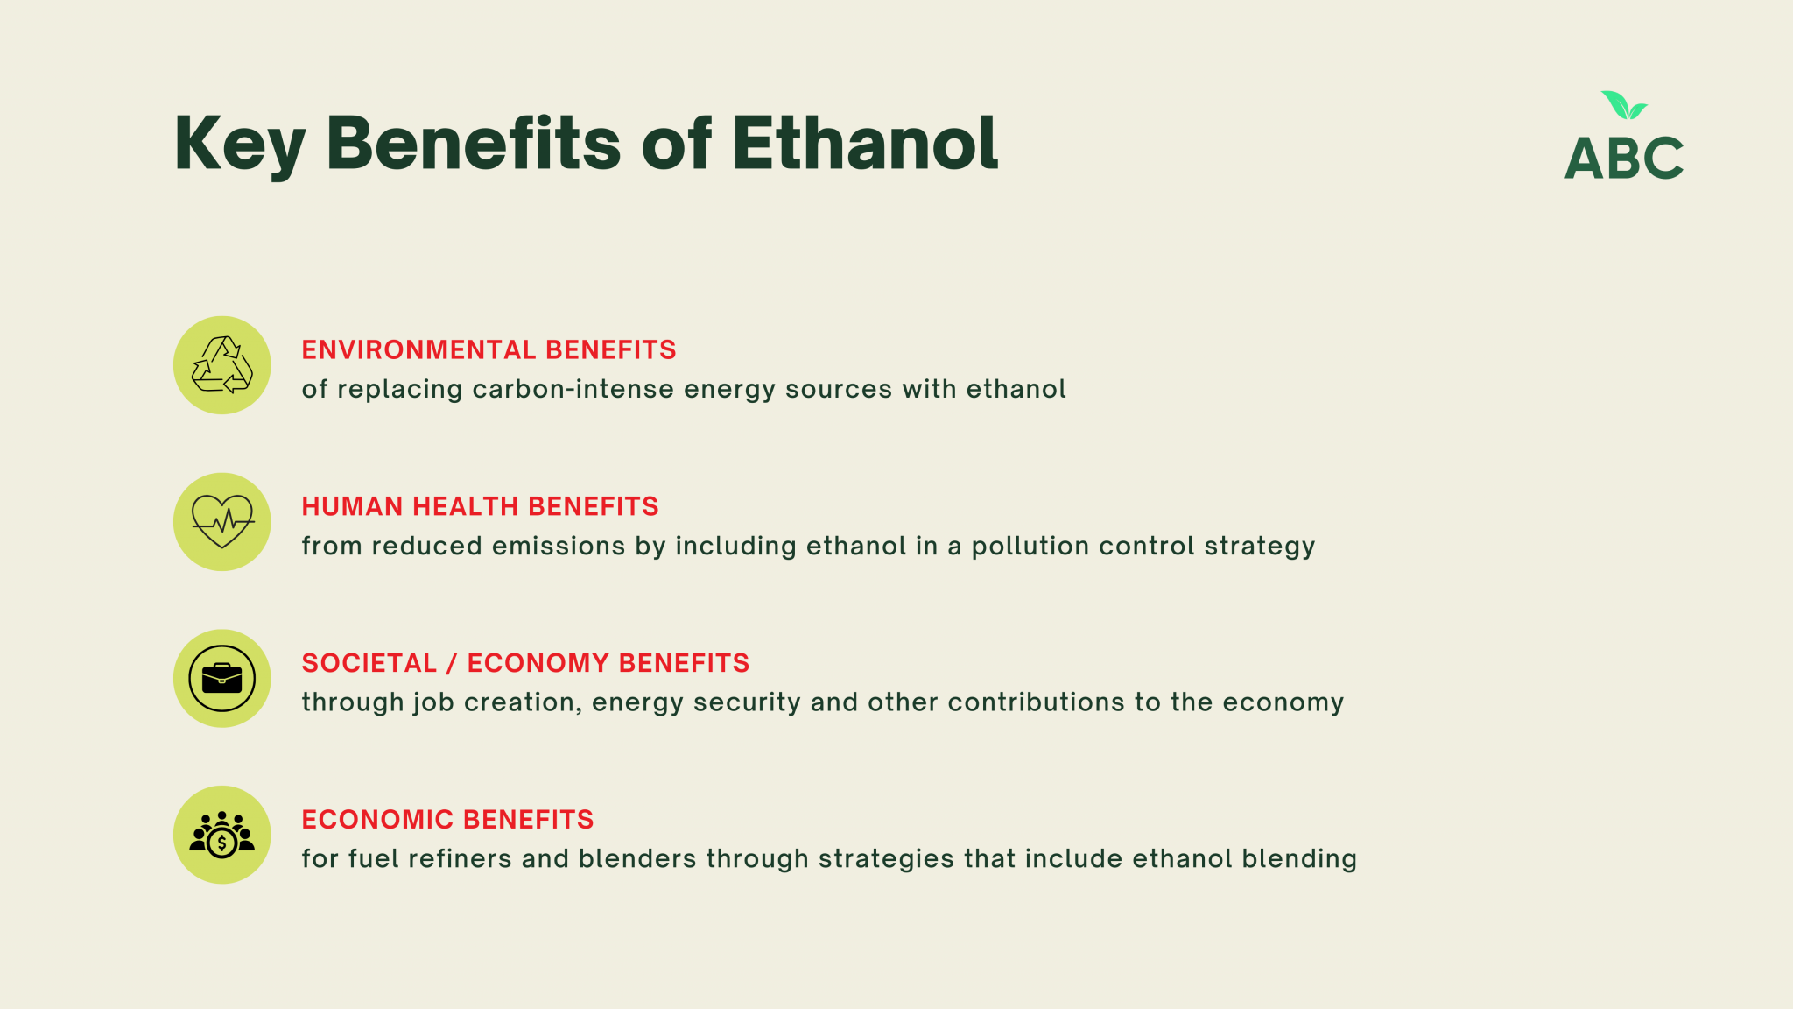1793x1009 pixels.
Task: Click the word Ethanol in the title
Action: [x=865, y=142]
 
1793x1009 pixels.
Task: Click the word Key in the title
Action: [x=240, y=145]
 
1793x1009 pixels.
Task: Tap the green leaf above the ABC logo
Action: [x=1624, y=105]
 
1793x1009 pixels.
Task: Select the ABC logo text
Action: [x=1624, y=159]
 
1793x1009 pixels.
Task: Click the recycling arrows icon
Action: [x=222, y=364]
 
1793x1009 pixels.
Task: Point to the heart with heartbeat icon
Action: [x=222, y=521]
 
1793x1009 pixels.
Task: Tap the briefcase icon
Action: [x=222, y=678]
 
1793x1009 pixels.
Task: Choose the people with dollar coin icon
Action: [x=222, y=835]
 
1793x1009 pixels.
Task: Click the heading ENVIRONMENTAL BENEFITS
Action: [x=489, y=349]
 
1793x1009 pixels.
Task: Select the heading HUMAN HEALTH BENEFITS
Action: [x=480, y=506]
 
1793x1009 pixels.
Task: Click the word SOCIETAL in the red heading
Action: [x=369, y=663]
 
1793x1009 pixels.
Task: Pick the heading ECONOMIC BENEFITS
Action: [x=447, y=820]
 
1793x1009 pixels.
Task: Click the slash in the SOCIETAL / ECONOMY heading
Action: [x=452, y=663]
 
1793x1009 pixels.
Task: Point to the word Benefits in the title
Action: [x=473, y=142]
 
